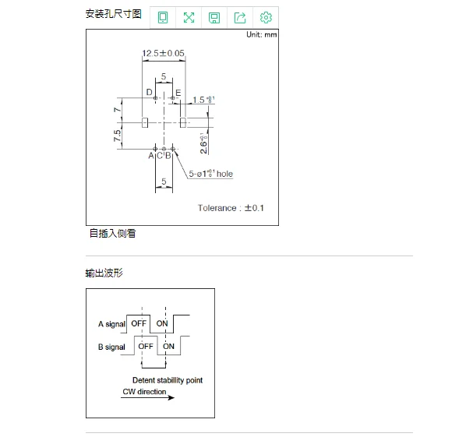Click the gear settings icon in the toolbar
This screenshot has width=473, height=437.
(266, 18)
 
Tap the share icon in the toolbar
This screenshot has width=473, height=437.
(240, 18)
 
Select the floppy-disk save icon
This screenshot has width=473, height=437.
(214, 18)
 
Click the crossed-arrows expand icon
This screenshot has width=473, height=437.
(189, 18)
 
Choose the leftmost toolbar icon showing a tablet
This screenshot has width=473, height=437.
(163, 18)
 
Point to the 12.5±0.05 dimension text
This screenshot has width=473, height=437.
(164, 54)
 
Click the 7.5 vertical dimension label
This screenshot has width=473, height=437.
(117, 136)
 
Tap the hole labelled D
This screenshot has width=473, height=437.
(155, 98)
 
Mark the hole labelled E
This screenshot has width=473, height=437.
(171, 98)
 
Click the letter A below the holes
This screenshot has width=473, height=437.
(151, 156)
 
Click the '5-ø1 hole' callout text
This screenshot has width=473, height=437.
(210, 174)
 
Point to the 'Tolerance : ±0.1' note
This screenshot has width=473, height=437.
(231, 208)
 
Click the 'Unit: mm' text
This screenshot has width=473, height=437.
(261, 35)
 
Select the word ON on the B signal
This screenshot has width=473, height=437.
(168, 346)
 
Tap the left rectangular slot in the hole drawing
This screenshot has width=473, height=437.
(146, 122)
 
